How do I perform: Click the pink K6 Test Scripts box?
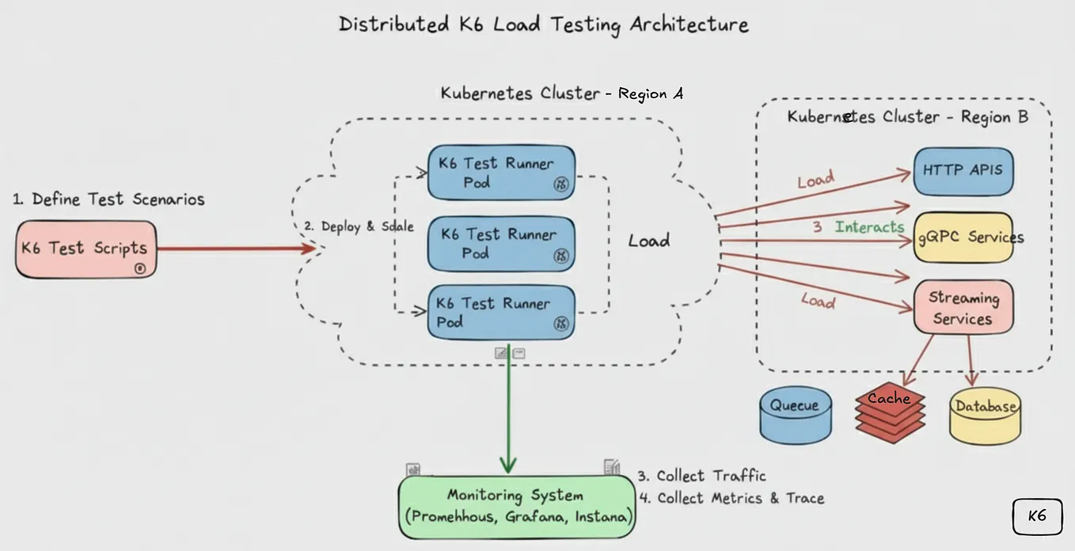point(85,249)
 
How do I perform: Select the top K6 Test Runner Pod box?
point(501,173)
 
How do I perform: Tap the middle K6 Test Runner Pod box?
point(501,244)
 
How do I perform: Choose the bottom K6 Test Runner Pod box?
point(501,313)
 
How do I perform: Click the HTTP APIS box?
point(963,170)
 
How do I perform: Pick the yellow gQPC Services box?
point(963,237)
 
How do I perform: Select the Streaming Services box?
point(963,307)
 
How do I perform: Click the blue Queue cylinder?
point(795,413)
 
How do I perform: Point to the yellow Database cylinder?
point(985,415)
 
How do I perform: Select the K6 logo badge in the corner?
point(1036,516)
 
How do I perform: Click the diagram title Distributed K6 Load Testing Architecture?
point(543,24)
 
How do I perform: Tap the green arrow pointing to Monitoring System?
point(508,412)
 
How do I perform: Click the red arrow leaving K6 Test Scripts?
point(237,249)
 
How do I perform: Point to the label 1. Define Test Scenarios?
point(108,199)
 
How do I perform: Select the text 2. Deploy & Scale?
point(359,226)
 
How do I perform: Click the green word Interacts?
point(869,227)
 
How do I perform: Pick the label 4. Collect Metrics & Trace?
point(731,498)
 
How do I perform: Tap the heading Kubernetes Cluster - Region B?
point(907,116)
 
